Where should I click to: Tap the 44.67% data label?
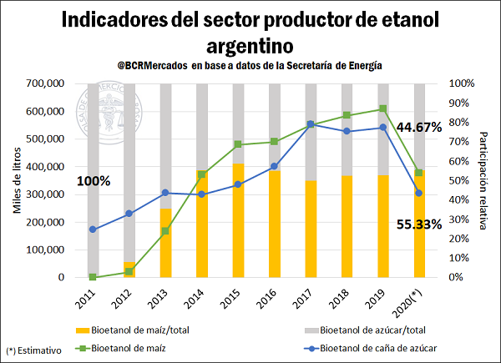[418, 127]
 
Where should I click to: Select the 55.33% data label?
[418, 224]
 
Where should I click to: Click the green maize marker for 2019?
[382, 108]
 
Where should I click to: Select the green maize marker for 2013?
[165, 231]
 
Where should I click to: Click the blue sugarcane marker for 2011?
[93, 229]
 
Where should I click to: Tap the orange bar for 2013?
[165, 243]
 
